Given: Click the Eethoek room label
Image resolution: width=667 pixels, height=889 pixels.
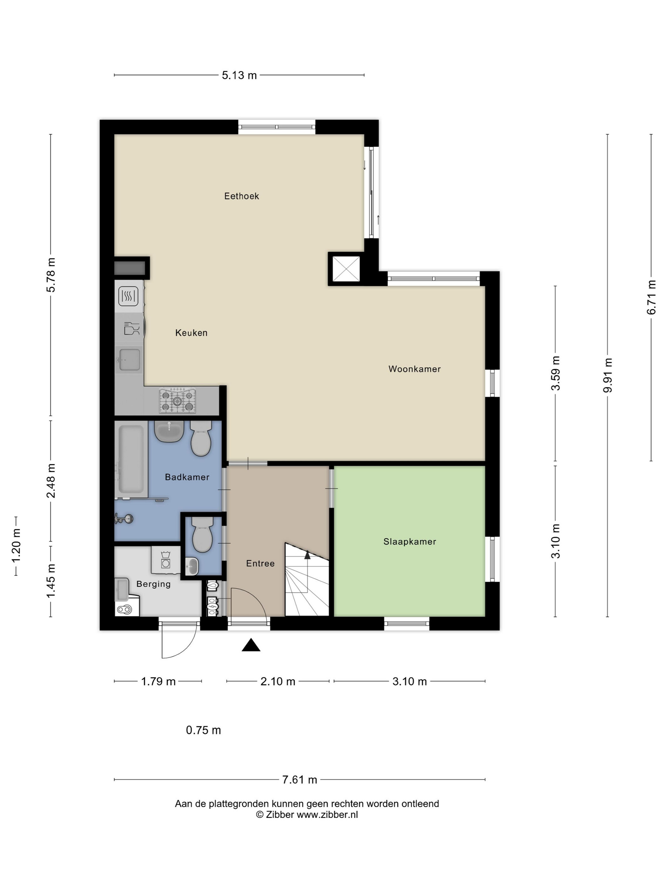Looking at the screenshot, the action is tap(241, 196).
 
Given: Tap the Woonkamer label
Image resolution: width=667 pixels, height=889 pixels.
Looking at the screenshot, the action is tap(414, 369).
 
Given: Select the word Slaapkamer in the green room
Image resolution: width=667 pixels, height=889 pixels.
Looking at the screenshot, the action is tap(410, 542).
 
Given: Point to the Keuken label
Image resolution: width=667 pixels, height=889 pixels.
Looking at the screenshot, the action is tap(192, 333).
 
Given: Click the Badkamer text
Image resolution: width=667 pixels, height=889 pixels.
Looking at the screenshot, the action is tap(187, 477).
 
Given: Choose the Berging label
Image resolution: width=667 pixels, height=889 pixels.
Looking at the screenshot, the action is tap(154, 585).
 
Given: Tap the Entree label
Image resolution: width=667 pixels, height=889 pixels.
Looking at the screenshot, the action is tap(260, 564).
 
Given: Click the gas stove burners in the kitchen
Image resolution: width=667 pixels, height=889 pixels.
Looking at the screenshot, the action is tap(177, 400).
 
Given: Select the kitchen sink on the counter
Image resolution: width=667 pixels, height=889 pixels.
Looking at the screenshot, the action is tap(129, 359).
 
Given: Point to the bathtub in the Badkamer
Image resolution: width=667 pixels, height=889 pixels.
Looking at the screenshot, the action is tap(131, 459).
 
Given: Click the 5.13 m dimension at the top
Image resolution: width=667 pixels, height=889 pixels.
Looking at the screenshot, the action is tap(239, 75).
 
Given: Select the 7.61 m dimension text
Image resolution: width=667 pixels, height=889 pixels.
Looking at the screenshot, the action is tap(300, 780).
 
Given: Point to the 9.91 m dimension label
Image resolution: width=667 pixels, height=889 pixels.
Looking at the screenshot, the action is tap(608, 375).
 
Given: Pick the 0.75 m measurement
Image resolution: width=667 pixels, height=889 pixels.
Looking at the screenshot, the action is tap(204, 730).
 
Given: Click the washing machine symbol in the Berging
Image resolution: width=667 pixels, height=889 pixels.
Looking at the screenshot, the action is tap(165, 560).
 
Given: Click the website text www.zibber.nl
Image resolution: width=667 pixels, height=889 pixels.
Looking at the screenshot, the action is tap(327, 815).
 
